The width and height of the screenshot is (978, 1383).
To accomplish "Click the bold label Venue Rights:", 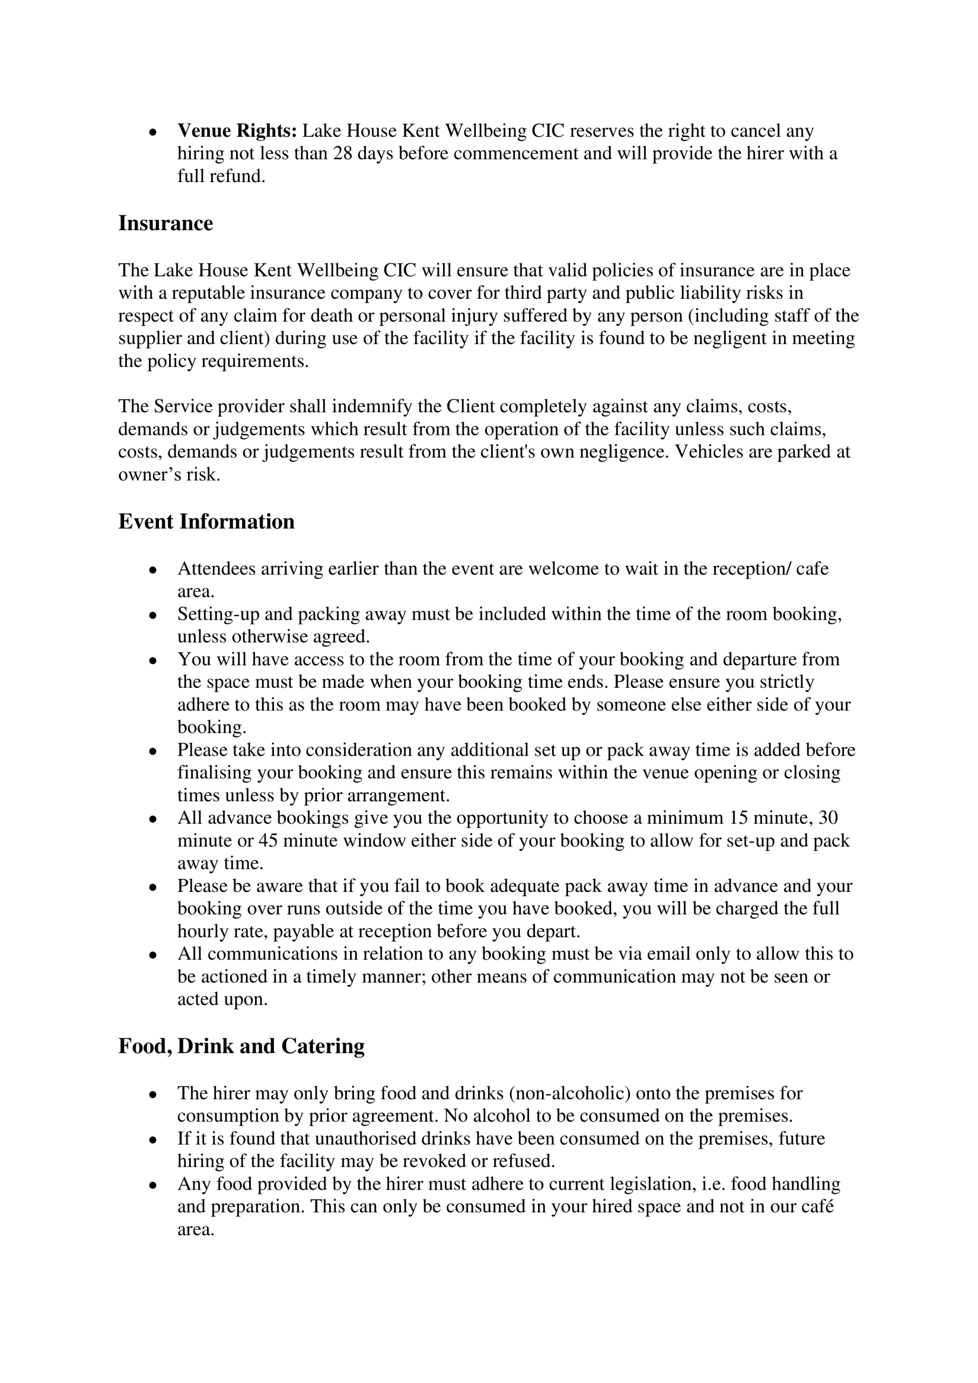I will (x=237, y=131).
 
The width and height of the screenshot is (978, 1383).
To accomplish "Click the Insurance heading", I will (x=166, y=224).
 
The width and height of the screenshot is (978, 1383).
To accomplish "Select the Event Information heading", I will (x=206, y=522).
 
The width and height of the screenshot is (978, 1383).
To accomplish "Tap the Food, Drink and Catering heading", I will (x=241, y=1046).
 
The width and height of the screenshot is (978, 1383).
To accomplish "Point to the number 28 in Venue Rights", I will (x=343, y=153).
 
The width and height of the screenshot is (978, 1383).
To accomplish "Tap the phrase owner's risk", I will (x=169, y=475).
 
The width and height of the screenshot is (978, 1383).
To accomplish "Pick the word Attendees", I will (x=217, y=569).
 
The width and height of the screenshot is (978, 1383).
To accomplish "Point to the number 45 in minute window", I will (x=268, y=841).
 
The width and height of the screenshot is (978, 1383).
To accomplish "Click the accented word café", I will (x=816, y=1207).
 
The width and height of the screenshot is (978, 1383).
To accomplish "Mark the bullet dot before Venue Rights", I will (x=153, y=131).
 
